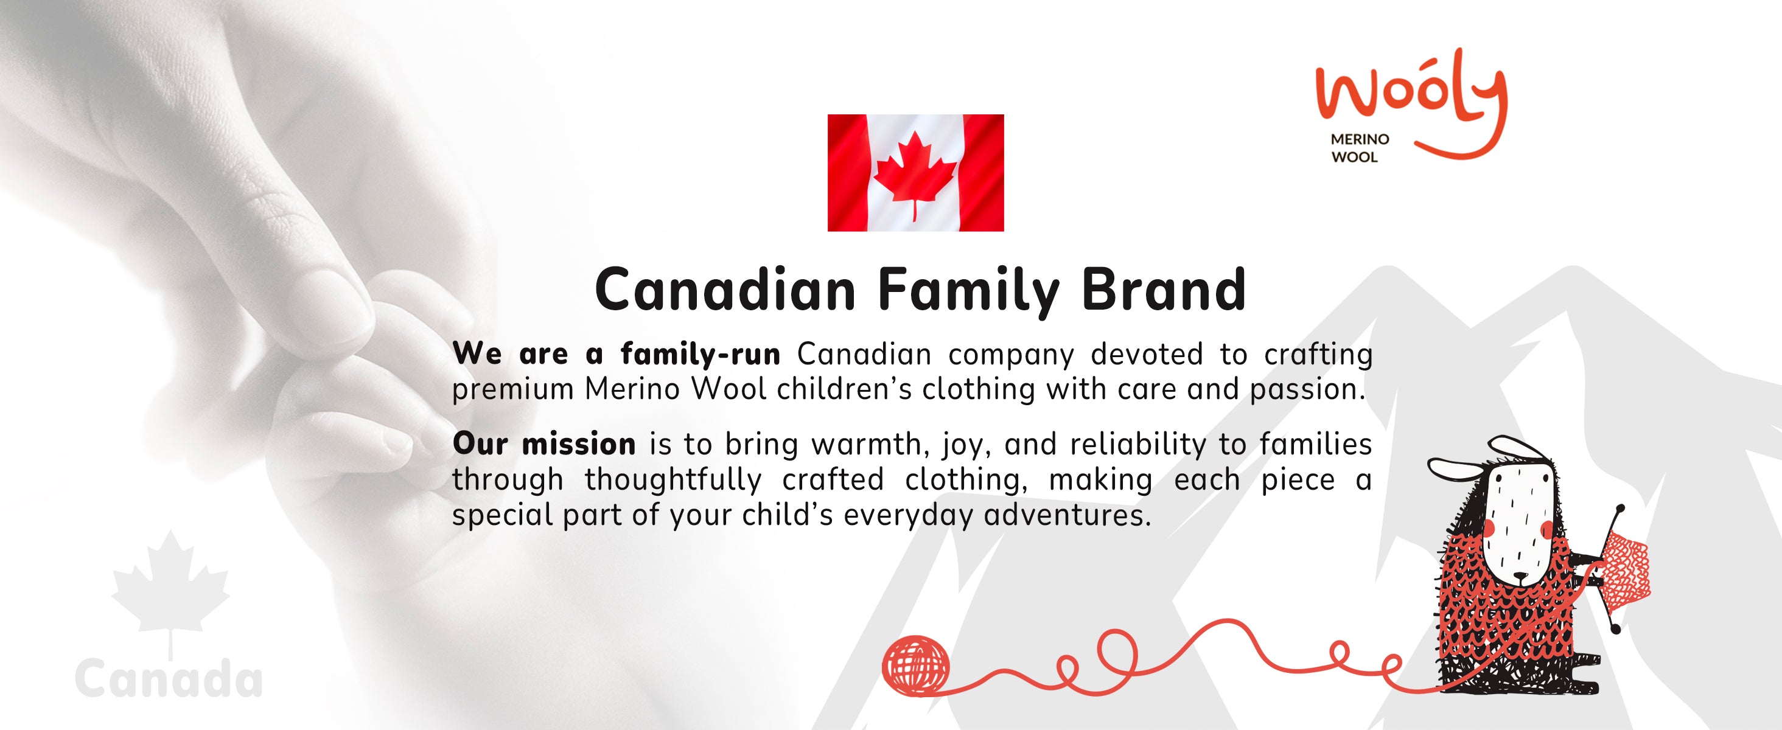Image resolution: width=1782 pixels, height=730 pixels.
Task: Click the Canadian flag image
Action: [915, 173]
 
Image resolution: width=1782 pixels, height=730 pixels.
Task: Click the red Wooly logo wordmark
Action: [1411, 103]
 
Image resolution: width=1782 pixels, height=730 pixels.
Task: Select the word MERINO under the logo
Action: [1360, 139]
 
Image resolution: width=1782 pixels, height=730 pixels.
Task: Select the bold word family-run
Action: [700, 355]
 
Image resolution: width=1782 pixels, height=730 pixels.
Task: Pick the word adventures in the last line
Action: [1067, 515]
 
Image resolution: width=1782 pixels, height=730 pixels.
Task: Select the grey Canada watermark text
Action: [169, 678]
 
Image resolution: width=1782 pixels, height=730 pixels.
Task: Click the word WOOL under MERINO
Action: [1355, 157]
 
